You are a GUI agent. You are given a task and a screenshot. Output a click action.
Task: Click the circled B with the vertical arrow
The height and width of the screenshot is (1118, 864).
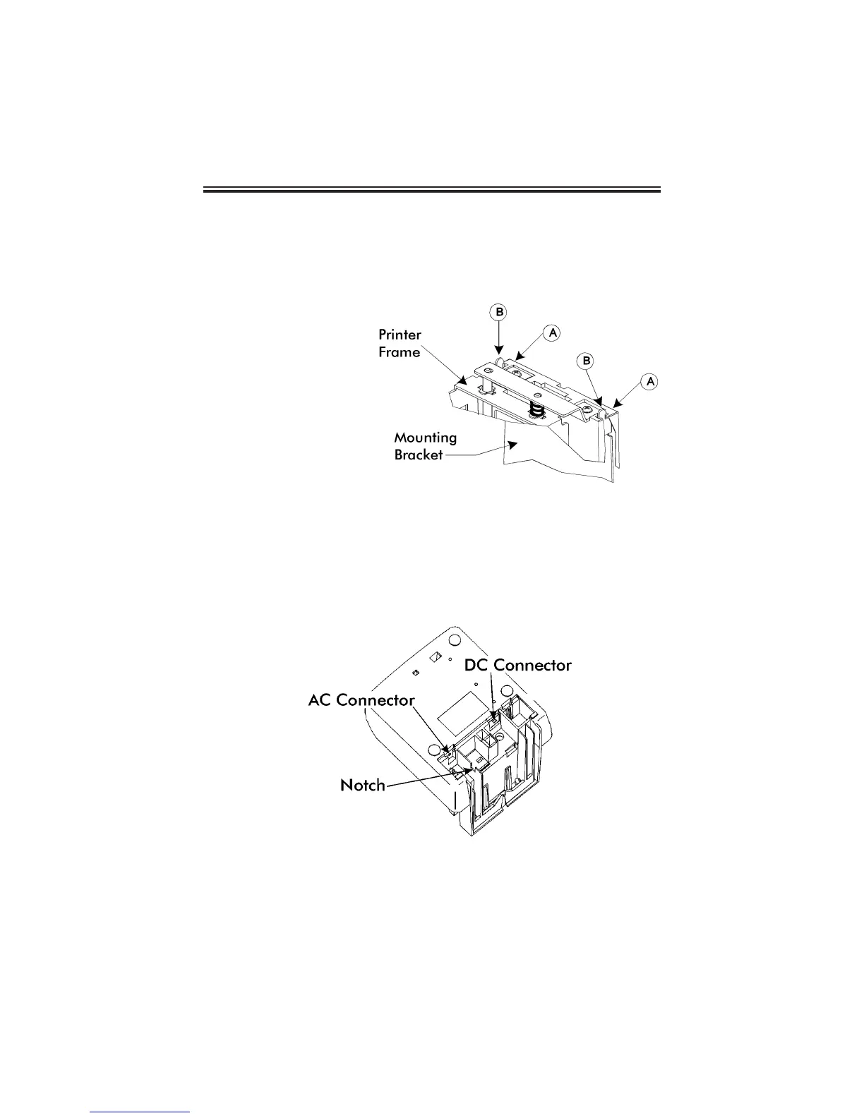[499, 311]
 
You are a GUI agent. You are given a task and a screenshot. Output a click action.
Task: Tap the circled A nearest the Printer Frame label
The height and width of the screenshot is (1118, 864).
[553, 331]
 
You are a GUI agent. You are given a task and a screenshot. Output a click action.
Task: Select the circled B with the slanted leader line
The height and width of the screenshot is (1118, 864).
[587, 361]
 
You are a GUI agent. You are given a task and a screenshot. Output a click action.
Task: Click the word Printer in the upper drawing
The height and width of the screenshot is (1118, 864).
[400, 335]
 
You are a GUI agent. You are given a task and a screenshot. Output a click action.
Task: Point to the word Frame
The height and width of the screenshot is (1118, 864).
[399, 351]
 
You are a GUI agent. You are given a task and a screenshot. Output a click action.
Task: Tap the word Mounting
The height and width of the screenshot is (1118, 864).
[425, 438]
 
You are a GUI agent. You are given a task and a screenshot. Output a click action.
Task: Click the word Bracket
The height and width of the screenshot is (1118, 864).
[419, 455]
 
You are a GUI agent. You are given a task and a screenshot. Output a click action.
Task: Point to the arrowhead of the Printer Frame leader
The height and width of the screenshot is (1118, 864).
[465, 386]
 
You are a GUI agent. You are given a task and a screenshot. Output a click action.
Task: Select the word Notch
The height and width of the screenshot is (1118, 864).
[363, 785]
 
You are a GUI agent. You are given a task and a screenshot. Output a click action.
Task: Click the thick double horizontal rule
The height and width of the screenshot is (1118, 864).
[432, 189]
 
